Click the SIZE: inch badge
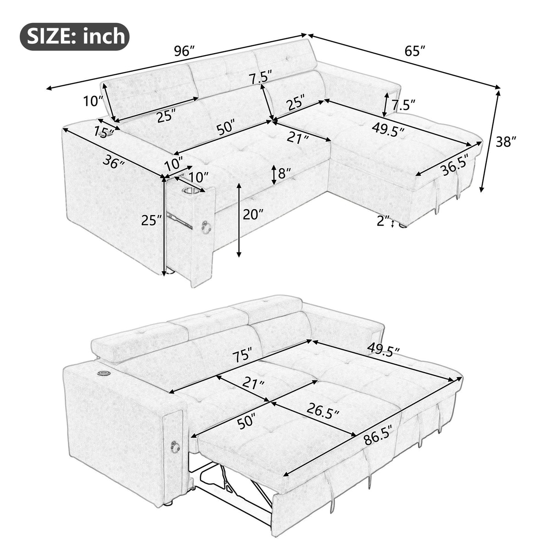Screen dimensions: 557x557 (x=74, y=35)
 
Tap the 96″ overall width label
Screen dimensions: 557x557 (x=184, y=51)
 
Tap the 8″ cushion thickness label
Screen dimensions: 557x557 (x=285, y=174)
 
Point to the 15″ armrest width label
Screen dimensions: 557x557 (x=104, y=132)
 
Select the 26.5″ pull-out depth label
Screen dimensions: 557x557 (x=324, y=413)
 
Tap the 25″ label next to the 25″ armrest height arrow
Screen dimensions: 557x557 (x=152, y=221)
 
